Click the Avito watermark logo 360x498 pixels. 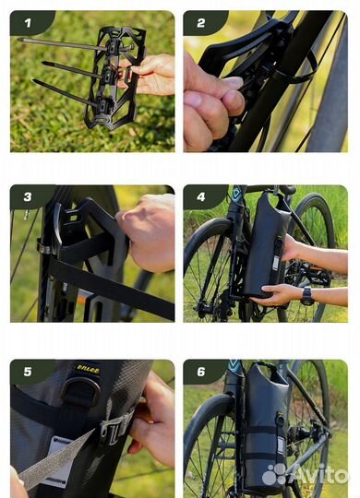pyautogui.click(x=305, y=475)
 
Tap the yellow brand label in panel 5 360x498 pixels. pyautogui.click(x=88, y=370)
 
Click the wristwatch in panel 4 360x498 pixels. pyautogui.click(x=307, y=296)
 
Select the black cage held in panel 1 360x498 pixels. pyautogui.click(x=115, y=77)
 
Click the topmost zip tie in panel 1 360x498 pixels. pyautogui.click(x=75, y=45)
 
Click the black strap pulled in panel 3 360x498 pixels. pyautogui.click(x=112, y=288)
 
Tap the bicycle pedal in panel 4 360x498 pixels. pyautogui.click(x=313, y=272)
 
